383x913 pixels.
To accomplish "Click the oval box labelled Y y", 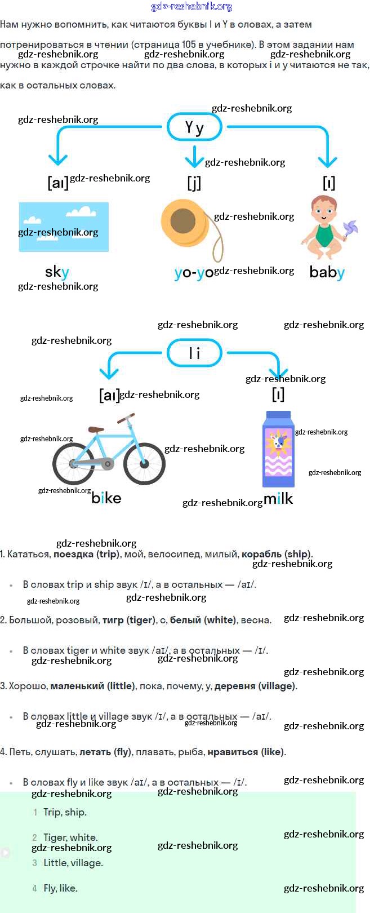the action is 194,127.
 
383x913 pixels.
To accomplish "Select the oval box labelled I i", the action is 194,353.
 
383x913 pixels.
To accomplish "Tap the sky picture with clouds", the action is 64,227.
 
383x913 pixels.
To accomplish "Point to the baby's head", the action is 324,209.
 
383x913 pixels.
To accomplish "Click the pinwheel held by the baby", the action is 350,230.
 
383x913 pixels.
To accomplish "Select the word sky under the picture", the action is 57,272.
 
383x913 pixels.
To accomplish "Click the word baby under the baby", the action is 327,272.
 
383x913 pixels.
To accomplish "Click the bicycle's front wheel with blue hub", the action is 144,463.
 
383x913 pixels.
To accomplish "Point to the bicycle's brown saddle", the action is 96,429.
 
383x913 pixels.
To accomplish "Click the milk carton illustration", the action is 278,449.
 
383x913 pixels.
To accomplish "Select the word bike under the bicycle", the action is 106,498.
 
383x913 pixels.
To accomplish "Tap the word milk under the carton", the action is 278,498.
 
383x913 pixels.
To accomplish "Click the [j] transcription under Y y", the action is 194,183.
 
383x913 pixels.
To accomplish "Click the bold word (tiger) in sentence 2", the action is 141,620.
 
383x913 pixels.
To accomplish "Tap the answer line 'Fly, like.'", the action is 60,888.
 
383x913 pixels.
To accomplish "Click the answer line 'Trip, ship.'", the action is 65,812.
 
